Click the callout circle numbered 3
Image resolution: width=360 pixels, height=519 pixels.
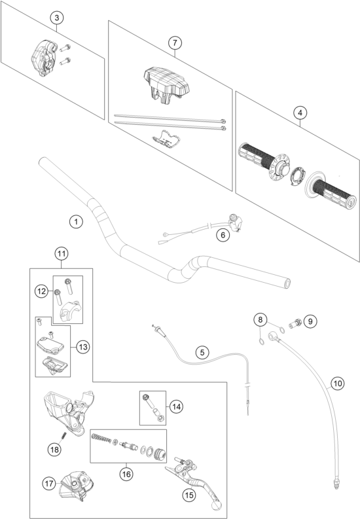pos(57,18)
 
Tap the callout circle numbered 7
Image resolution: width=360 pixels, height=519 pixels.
pos(175,43)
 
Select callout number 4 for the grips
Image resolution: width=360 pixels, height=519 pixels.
pos(300,113)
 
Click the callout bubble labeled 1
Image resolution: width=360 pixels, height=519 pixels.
pos(77,221)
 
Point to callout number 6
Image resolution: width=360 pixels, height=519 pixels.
pos(223,235)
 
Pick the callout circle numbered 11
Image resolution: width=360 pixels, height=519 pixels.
pos(62,254)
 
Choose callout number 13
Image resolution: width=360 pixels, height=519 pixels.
pos(83,347)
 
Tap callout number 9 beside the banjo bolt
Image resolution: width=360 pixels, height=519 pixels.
pos(310,321)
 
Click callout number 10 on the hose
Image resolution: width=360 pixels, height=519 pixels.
pos(338,384)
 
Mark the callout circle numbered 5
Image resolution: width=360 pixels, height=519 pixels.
pos(202,352)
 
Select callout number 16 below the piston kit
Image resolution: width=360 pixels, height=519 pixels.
pos(126,474)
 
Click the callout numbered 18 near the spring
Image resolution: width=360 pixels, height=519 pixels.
pos(54,449)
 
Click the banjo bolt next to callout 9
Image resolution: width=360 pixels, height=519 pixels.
pos(295,323)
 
